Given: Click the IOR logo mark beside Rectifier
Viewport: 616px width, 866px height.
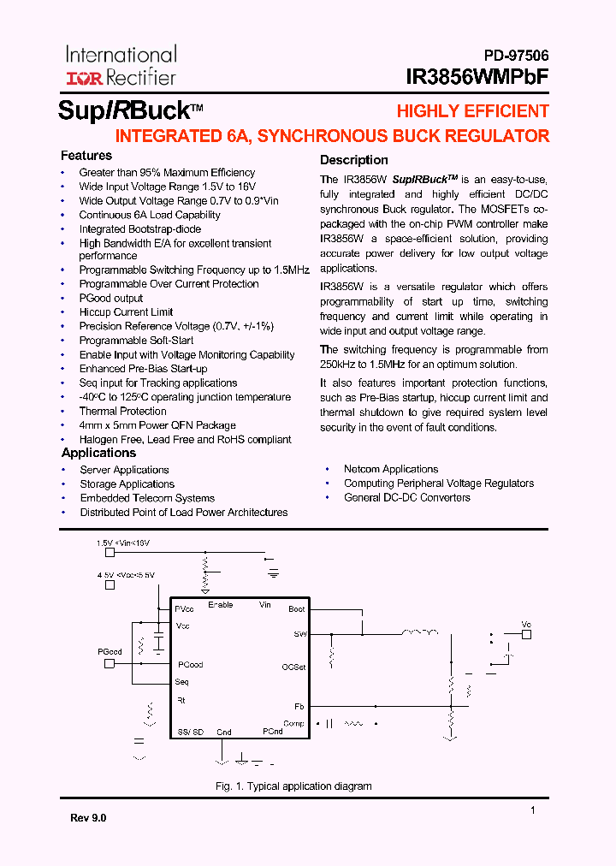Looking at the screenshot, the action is pyautogui.click(x=84, y=78).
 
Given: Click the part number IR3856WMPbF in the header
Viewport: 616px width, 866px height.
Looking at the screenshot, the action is pyautogui.click(x=478, y=76).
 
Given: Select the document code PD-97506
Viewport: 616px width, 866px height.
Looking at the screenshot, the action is pyautogui.click(x=510, y=55).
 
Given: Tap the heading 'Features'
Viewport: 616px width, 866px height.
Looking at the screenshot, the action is pyautogui.click(x=86, y=156).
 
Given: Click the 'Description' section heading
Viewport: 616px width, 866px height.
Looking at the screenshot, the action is pyautogui.click(x=353, y=160).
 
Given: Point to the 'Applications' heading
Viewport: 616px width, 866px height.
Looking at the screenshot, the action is pyautogui.click(x=98, y=453).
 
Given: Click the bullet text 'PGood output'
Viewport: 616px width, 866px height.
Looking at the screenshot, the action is pyautogui.click(x=111, y=298).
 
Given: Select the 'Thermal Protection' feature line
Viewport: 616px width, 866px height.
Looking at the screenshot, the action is pyautogui.click(x=122, y=411).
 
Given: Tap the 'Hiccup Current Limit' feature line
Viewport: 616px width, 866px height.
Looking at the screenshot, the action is pyautogui.click(x=126, y=312).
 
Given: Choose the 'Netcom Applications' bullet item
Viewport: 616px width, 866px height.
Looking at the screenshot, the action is pyautogui.click(x=391, y=469).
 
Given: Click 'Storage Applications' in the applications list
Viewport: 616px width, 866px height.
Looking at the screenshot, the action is pyautogui.click(x=127, y=483).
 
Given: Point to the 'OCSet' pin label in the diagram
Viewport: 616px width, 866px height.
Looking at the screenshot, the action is pyautogui.click(x=293, y=667).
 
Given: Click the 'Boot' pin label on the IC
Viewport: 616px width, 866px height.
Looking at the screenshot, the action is pyautogui.click(x=297, y=609).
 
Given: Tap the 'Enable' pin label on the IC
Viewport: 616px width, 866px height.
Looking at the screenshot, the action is pyautogui.click(x=221, y=605).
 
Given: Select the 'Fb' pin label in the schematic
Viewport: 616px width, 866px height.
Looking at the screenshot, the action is pyautogui.click(x=299, y=707).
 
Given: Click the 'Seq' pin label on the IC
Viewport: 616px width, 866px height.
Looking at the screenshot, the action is pyautogui.click(x=181, y=682).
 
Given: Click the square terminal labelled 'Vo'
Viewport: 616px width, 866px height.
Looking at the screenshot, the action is pyautogui.click(x=526, y=634).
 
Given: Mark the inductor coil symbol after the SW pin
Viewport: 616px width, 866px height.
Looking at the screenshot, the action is pyautogui.click(x=420, y=633).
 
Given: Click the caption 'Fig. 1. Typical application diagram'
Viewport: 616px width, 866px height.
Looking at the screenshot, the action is pyautogui.click(x=293, y=786).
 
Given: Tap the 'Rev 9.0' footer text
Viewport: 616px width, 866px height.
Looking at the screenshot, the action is pyautogui.click(x=88, y=818).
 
